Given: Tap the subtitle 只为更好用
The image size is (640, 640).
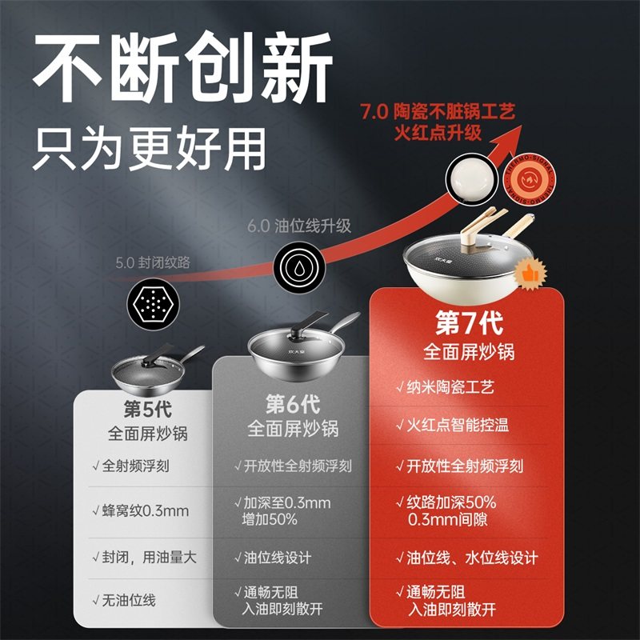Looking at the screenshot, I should [149, 148].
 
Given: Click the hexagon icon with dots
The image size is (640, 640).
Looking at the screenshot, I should [153, 302].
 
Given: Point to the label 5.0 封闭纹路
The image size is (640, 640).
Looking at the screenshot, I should [153, 262].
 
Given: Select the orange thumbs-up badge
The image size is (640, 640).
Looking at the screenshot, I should [527, 274].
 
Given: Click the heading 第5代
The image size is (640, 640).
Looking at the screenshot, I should [147, 407].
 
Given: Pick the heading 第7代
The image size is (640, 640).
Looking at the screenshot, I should [468, 323].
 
